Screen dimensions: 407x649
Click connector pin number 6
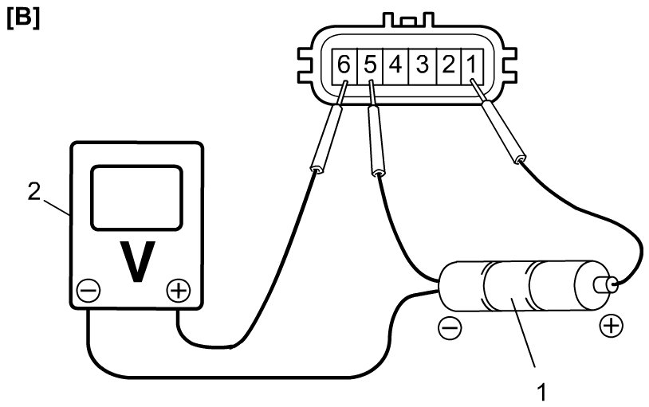pyautogui.click(x=344, y=65)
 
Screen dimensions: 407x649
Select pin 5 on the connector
pyautogui.click(x=369, y=65)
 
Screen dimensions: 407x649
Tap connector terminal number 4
pyautogui.click(x=395, y=65)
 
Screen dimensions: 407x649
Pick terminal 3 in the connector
pyautogui.click(x=422, y=65)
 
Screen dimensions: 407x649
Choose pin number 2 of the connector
pyautogui.click(x=448, y=65)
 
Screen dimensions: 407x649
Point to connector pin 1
pyautogui.click(x=473, y=65)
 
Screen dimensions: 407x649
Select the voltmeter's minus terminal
pyautogui.click(x=88, y=291)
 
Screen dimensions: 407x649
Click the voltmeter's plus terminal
pyautogui.click(x=178, y=291)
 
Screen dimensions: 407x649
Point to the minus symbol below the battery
pyautogui.click(x=449, y=327)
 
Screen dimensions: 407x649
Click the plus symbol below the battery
pyautogui.click(x=610, y=325)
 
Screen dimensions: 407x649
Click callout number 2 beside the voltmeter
pyautogui.click(x=33, y=192)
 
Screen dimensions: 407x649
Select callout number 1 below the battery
pyautogui.click(x=541, y=392)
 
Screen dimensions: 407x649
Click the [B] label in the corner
pyautogui.click(x=22, y=18)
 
